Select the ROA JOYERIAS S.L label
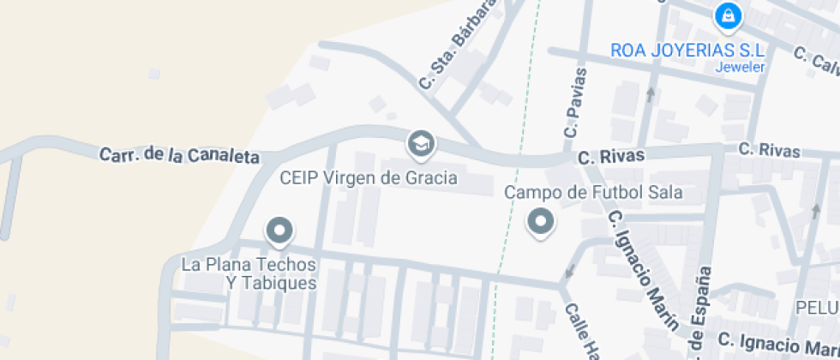(x=687, y=51)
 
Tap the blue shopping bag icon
(x=728, y=15)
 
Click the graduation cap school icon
(x=420, y=144)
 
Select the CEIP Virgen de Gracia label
(x=369, y=178)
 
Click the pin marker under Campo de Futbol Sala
(x=540, y=223)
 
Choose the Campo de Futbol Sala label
(x=593, y=193)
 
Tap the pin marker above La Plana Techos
(x=279, y=231)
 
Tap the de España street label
(x=700, y=313)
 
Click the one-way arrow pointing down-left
(x=568, y=273)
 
